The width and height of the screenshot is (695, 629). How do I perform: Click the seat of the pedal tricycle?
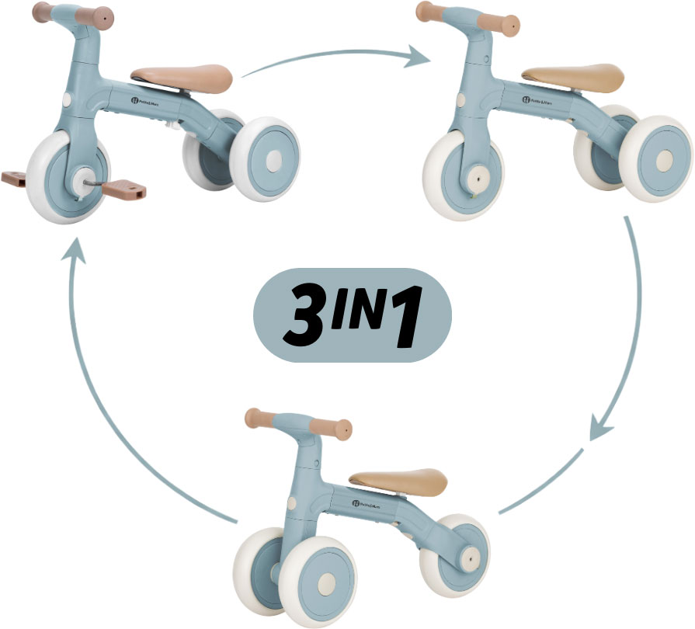pyautogui.click(x=183, y=76)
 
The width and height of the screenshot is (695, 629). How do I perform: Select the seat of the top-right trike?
pyautogui.click(x=574, y=76)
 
